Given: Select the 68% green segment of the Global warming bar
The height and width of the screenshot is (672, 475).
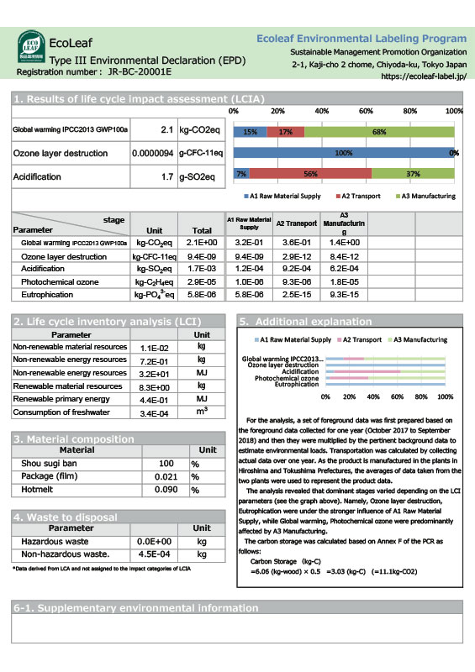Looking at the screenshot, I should tap(379, 132).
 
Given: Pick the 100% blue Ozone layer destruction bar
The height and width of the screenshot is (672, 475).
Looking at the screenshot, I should tap(344, 154).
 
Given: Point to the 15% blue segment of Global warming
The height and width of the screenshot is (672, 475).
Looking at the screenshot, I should tap(250, 132).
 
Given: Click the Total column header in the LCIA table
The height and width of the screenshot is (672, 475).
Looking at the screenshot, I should tap(202, 229).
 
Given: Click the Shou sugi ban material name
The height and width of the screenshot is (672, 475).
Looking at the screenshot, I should tap(51, 464).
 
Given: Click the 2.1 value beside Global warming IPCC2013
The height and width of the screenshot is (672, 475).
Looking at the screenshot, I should tap(166, 131).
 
